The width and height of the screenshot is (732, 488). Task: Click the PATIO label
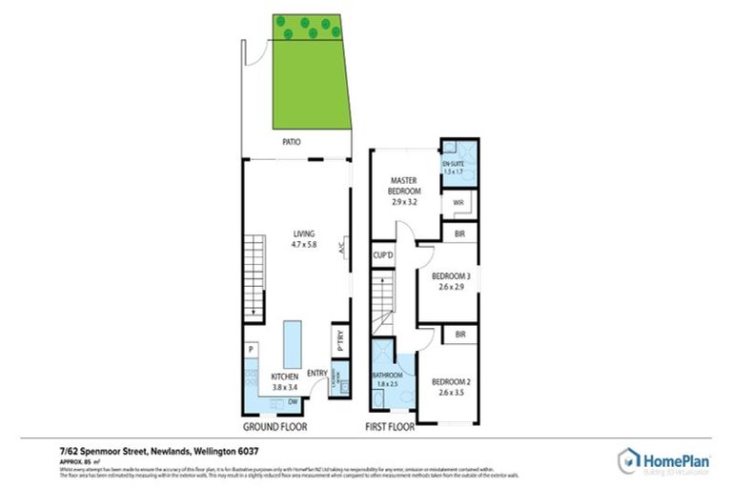click(292, 142)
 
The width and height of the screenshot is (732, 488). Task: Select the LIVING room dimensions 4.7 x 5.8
click(303, 245)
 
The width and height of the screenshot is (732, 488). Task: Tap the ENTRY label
click(317, 374)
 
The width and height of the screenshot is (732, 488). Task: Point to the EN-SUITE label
click(452, 165)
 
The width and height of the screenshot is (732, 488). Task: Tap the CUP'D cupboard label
click(385, 255)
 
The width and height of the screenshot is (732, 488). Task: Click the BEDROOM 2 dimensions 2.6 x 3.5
click(452, 392)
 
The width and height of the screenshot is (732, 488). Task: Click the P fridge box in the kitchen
click(250, 350)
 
